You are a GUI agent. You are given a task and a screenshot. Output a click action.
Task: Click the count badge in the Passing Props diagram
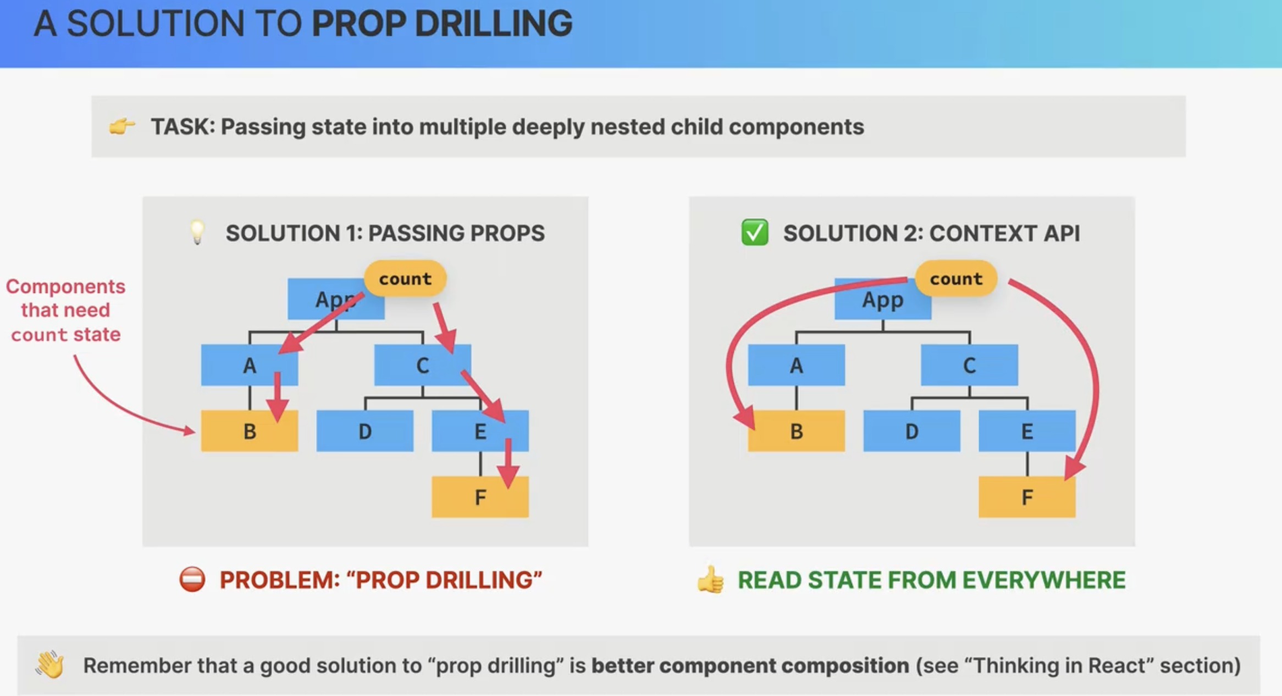click(x=405, y=279)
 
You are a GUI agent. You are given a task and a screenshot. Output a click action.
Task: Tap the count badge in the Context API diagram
click(x=956, y=279)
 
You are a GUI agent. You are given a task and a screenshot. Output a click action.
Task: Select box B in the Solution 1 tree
click(x=250, y=431)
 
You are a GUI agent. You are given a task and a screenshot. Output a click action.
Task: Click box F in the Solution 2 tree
click(x=1027, y=497)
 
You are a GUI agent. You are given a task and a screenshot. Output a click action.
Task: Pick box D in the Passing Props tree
click(x=365, y=431)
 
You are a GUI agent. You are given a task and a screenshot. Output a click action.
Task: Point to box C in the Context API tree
click(x=969, y=365)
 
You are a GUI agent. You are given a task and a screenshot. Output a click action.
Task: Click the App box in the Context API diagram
click(x=883, y=299)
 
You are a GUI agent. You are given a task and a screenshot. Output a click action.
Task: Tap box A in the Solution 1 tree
click(x=250, y=365)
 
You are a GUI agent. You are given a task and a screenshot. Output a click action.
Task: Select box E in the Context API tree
click(x=1027, y=431)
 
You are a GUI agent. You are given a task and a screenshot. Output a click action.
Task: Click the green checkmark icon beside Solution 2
click(x=755, y=233)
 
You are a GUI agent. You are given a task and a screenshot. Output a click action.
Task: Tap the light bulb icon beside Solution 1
click(x=197, y=233)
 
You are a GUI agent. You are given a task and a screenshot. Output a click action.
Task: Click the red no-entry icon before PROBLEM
click(x=192, y=579)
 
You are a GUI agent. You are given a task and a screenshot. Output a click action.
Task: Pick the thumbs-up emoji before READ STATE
click(x=710, y=579)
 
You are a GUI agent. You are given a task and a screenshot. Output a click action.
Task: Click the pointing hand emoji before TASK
click(x=121, y=126)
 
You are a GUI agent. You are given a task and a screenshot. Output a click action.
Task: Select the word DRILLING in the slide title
click(x=494, y=24)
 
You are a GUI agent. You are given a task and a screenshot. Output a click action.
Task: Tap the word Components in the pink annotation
click(x=65, y=286)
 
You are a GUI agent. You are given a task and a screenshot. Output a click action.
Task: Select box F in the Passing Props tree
click(x=480, y=497)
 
